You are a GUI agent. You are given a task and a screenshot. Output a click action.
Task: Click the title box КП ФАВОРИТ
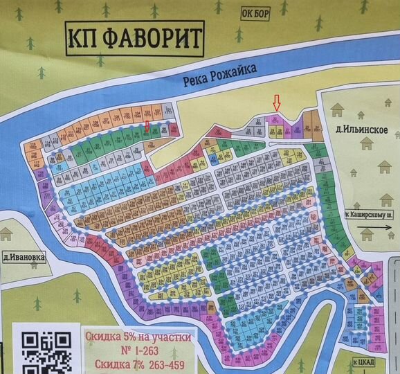point(134,39)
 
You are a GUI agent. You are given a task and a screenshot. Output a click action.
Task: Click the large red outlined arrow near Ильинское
point(277,103)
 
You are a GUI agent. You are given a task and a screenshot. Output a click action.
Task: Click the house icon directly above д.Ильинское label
point(338,109)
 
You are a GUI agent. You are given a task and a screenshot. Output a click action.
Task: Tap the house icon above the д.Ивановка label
point(7,233)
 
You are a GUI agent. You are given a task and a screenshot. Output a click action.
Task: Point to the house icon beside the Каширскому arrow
point(367,235)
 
